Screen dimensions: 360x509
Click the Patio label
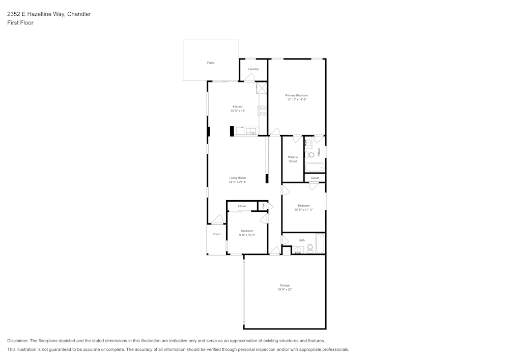[x=210, y=63]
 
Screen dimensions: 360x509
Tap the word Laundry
[x=253, y=69]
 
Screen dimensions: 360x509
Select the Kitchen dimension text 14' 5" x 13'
[x=238, y=110]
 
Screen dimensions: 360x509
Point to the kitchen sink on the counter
[x=251, y=131]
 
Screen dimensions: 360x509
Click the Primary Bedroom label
[x=296, y=96]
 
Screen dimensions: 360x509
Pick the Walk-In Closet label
[x=293, y=159]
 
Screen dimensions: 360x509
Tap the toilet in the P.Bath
[x=308, y=154]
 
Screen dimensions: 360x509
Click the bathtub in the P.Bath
[x=315, y=167]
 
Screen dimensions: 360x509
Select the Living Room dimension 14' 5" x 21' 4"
[x=238, y=182]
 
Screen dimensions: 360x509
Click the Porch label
[x=216, y=234]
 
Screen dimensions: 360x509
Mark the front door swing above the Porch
[x=218, y=219]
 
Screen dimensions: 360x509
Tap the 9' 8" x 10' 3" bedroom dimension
[x=247, y=235]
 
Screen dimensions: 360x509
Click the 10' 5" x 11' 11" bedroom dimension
[x=303, y=209]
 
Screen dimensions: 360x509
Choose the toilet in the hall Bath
[x=310, y=248]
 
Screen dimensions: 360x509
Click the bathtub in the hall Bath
[x=320, y=243]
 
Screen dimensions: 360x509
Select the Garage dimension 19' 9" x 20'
[x=285, y=289]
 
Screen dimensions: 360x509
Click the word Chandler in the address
[x=79, y=14]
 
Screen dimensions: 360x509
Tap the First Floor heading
[x=20, y=23]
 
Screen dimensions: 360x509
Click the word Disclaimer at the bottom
[x=18, y=341]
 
